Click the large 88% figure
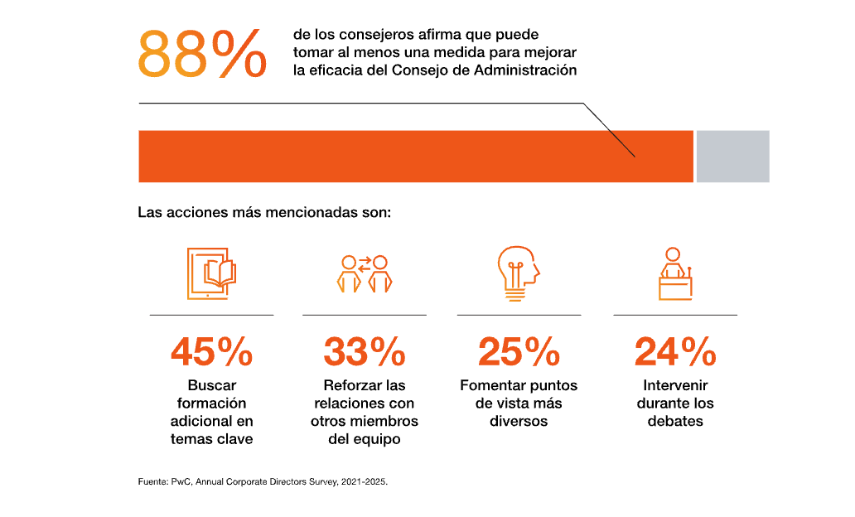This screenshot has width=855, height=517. pyautogui.click(x=202, y=54)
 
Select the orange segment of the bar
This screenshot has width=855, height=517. pyautogui.click(x=414, y=156)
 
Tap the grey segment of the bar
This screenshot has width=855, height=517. pyautogui.click(x=732, y=156)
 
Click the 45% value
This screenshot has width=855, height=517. pyautogui.click(x=211, y=351)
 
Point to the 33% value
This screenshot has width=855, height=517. pyautogui.click(x=365, y=351)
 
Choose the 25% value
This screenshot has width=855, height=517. pyautogui.click(x=519, y=351)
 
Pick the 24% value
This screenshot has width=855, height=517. pyautogui.click(x=675, y=351)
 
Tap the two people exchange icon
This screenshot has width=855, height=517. pyautogui.click(x=365, y=273)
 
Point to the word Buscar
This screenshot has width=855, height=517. pyautogui.click(x=212, y=385)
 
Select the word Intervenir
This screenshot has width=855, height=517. pyautogui.click(x=675, y=385)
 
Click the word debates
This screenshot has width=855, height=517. pyautogui.click(x=675, y=421)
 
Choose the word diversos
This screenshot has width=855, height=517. pyautogui.click(x=519, y=421)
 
